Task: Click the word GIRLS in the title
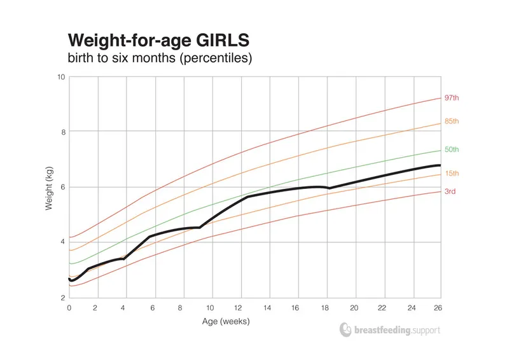tap(219, 41)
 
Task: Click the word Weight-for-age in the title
tap(127, 41)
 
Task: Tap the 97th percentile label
tap(451, 98)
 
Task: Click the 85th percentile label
tap(451, 121)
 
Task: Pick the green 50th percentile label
tap(451, 149)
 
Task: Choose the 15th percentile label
tap(451, 173)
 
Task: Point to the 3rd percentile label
tap(450, 191)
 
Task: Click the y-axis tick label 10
tap(61, 77)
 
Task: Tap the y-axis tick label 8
tap(62, 132)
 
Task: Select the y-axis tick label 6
tap(62, 187)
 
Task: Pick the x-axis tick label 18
tap(325, 307)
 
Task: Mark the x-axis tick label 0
tap(69, 307)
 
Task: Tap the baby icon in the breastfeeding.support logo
tap(345, 329)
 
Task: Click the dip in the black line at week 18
tap(329, 188)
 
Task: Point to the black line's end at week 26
tap(440, 165)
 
